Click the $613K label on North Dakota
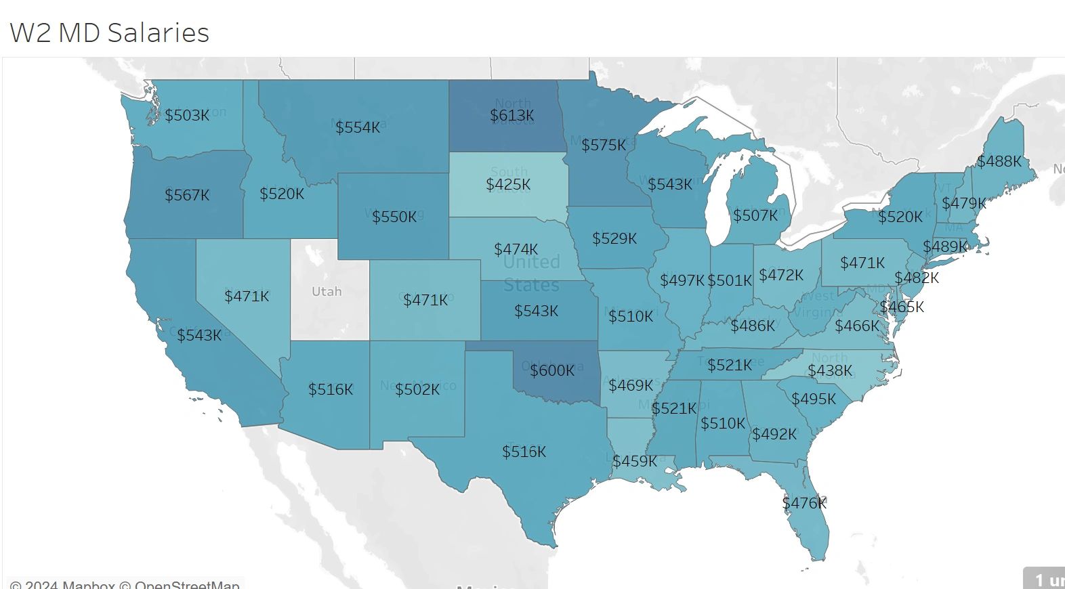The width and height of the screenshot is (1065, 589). (512, 116)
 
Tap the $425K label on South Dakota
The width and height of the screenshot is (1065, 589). (508, 184)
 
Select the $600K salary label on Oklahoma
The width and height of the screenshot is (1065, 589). (552, 370)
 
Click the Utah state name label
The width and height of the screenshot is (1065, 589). (327, 291)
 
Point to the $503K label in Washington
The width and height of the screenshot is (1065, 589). (187, 115)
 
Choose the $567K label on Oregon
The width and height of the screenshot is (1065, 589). (187, 195)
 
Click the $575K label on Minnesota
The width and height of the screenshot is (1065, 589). (604, 145)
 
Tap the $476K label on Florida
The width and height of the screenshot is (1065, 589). (804, 503)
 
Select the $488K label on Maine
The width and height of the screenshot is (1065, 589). (999, 161)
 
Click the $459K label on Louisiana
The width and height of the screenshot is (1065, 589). (635, 461)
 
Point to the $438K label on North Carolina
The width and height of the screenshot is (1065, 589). (830, 370)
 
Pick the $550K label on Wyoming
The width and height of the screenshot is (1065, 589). (394, 217)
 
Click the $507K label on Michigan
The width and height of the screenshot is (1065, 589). (755, 215)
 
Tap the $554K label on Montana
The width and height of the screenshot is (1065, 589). (358, 127)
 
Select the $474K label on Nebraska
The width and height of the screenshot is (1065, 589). (516, 249)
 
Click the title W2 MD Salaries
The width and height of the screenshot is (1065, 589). (110, 32)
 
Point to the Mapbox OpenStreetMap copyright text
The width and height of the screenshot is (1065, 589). (125, 584)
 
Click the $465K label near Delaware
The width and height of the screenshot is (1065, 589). (902, 307)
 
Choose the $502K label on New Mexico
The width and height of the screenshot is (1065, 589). (417, 389)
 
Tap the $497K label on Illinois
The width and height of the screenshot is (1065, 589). (682, 280)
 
